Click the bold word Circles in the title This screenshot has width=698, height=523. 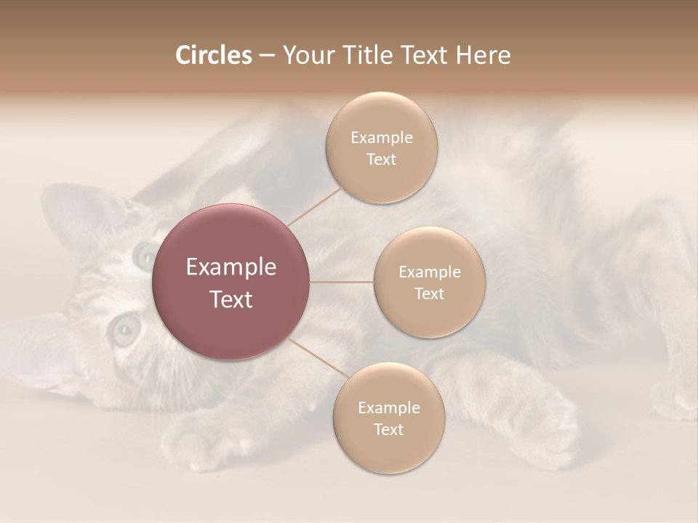coord(213,55)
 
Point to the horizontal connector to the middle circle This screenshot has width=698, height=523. coord(342,282)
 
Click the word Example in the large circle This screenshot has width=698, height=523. coord(231,267)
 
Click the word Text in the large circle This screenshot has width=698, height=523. coord(231,299)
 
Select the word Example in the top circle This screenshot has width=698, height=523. coord(381,137)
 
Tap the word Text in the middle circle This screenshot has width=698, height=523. coord(429,294)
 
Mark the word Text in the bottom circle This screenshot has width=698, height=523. coord(388,430)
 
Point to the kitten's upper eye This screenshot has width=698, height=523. coord(145,254)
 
